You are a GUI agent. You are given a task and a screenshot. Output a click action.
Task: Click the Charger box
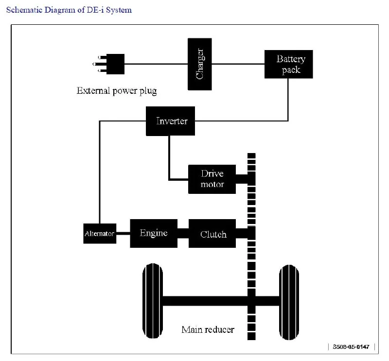coord(200,64)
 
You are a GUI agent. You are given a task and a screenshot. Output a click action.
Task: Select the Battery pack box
coord(288,64)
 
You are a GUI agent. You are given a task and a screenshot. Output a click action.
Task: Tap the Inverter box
coord(171,121)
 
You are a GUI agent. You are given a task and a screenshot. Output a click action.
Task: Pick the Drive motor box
coord(212,179)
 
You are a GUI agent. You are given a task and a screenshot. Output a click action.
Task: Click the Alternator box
coord(100,234)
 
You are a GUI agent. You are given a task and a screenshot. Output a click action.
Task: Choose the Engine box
coord(154,233)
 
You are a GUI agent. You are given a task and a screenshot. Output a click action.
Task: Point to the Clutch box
coord(212,233)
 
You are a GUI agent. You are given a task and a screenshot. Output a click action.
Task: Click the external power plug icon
coord(108,64)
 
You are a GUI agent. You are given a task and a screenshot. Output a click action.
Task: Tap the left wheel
coord(153,300)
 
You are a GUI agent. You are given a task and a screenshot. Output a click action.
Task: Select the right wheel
coord(289,302)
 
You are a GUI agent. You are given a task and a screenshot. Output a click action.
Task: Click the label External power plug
coord(117,91)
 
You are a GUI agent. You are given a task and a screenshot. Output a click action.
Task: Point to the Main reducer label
coord(208,329)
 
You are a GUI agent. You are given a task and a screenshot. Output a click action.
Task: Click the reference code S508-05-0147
coord(351,346)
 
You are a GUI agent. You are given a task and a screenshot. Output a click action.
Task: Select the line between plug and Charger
coord(156,64)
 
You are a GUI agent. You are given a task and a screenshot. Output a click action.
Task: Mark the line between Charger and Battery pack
coord(238,64)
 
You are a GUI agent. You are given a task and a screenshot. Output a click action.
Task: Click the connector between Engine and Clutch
coord(183,233)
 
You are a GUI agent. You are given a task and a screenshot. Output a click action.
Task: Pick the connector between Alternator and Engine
coord(123,233)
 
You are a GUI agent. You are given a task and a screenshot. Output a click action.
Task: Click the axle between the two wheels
coord(221,301)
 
